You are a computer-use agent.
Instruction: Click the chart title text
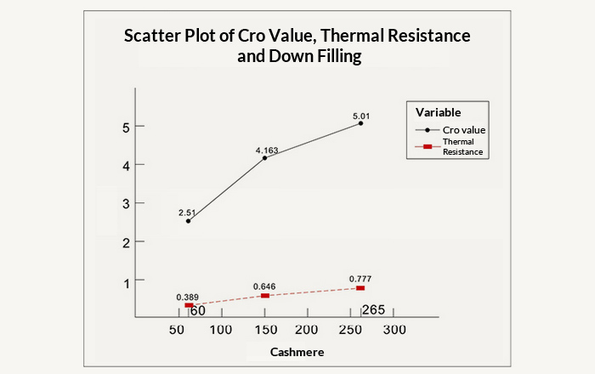(297, 47)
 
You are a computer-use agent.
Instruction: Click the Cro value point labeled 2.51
(188, 221)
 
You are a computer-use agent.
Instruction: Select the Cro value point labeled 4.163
(265, 157)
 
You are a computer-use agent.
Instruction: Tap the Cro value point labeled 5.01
(360, 123)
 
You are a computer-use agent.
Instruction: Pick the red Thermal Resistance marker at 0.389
(189, 305)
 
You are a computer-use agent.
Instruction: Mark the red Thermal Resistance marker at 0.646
(265, 296)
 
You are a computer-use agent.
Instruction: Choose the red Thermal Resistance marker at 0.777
(360, 288)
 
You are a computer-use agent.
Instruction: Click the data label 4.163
(267, 150)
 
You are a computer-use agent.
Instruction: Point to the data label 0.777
(360, 279)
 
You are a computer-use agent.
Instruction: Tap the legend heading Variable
(439, 112)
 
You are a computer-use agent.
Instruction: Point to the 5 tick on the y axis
(125, 127)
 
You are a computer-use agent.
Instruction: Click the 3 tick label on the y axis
(125, 204)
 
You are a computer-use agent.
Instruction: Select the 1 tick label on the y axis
(125, 281)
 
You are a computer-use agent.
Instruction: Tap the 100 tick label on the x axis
(221, 330)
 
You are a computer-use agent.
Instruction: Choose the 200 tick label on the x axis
(307, 330)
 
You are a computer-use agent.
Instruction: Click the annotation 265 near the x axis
(373, 309)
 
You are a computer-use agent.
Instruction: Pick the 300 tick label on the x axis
(394, 330)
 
